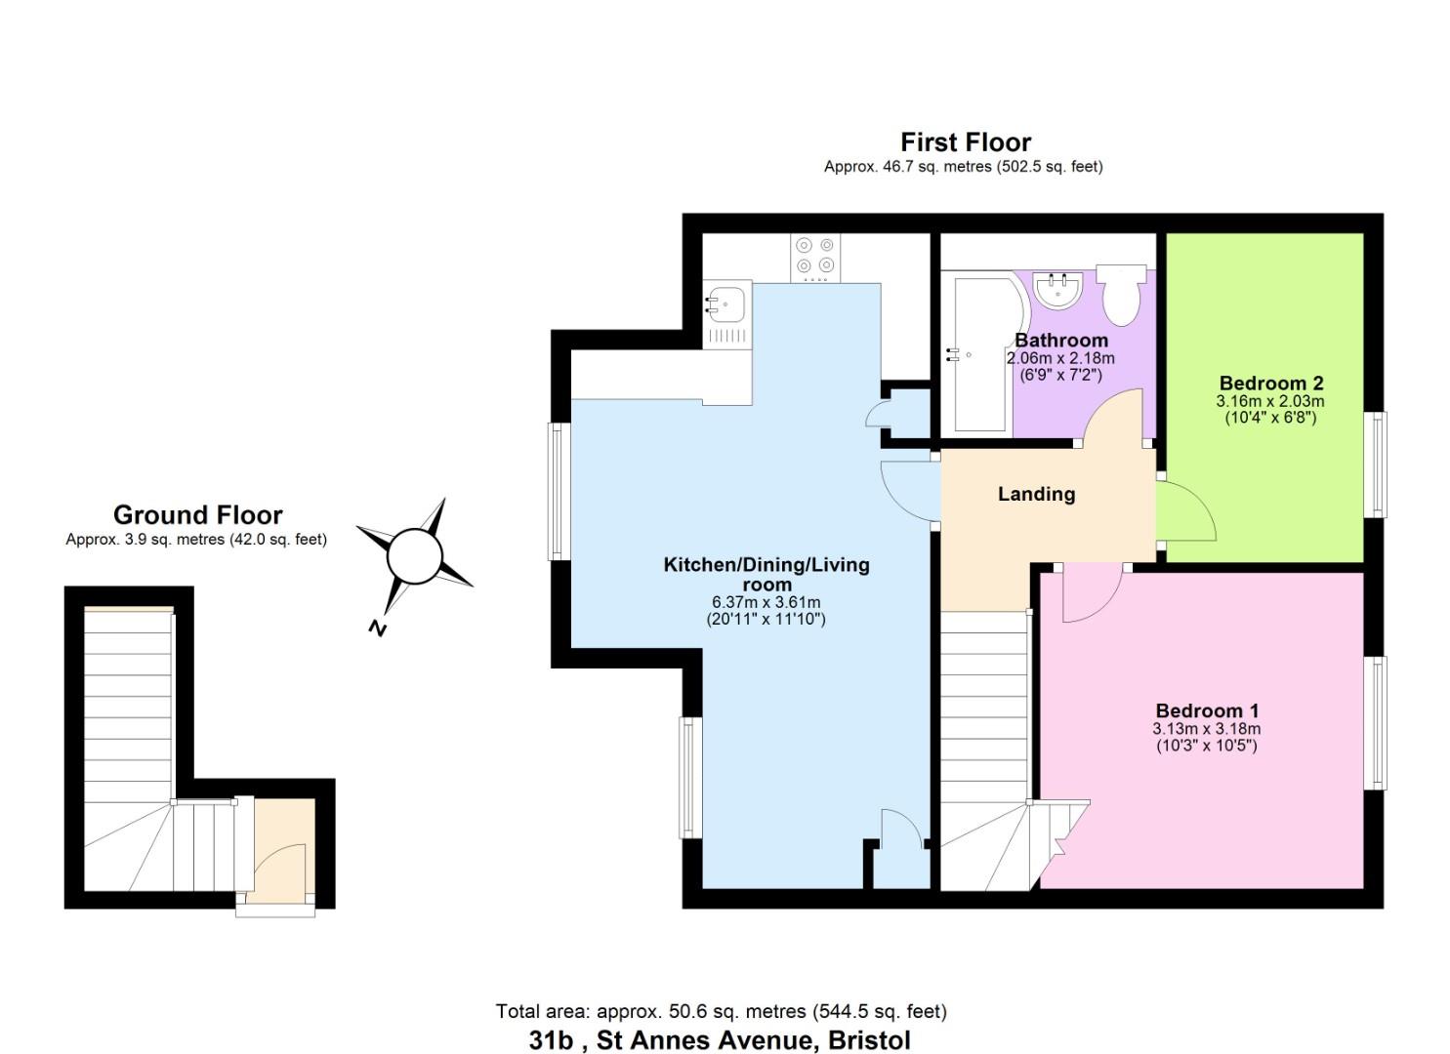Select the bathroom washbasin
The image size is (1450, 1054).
[x=1057, y=289]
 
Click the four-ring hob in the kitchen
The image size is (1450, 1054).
[x=815, y=256]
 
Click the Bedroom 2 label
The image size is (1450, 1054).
[x=1270, y=384]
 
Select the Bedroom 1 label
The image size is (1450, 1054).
[x=1207, y=711]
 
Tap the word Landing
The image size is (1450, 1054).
[x=1036, y=494]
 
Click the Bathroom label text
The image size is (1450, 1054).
[x=1061, y=341]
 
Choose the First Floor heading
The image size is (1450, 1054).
[x=965, y=142]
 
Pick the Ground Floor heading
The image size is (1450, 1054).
[x=197, y=515]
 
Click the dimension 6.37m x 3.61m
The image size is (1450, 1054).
[x=766, y=602]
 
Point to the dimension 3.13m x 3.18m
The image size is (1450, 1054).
[x=1207, y=729]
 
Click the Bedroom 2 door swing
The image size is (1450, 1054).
[x=1183, y=512]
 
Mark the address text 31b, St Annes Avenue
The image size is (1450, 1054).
[x=720, y=1040]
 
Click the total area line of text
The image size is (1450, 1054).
[x=721, y=1011]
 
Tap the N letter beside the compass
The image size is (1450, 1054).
[x=377, y=628]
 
